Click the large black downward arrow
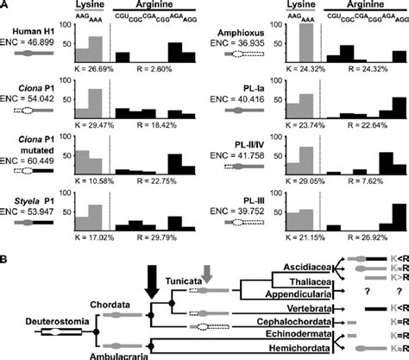pos(152,267)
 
